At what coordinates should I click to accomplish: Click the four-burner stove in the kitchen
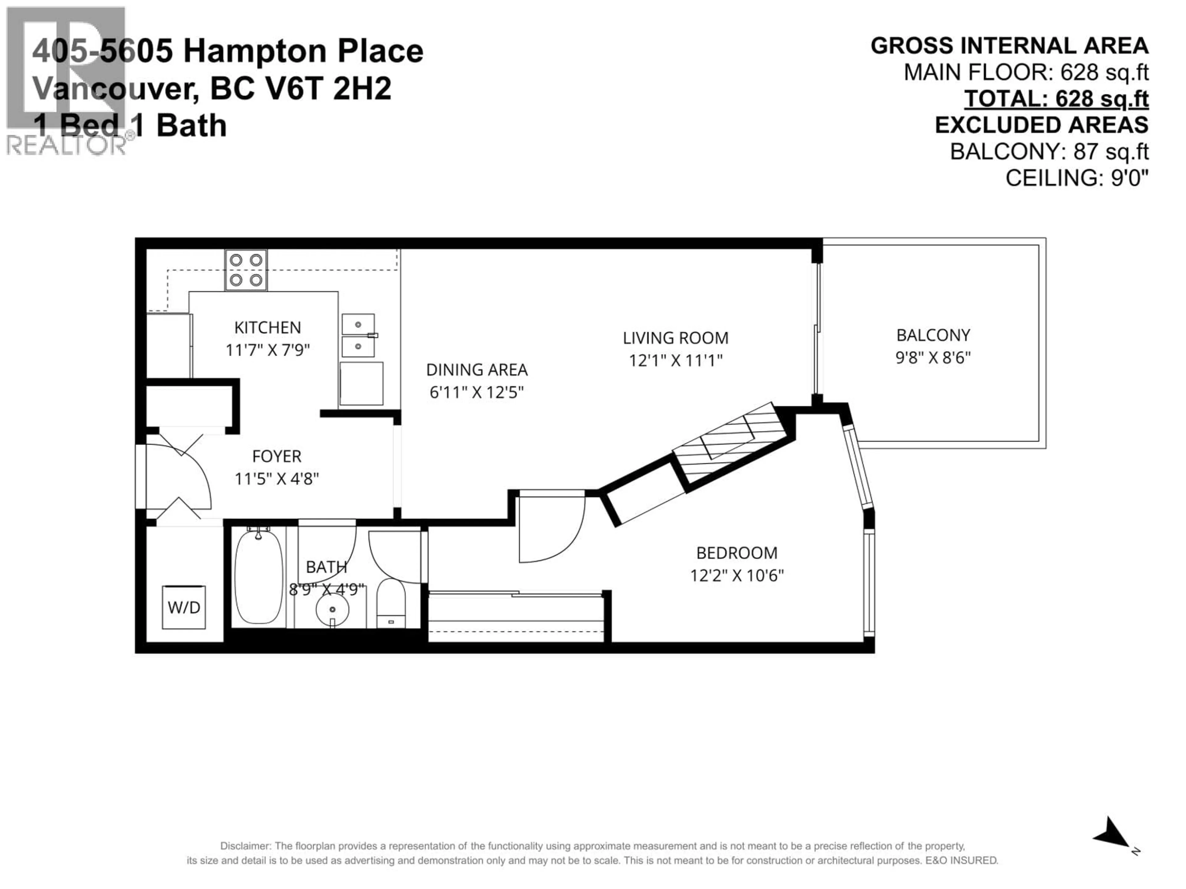point(246,270)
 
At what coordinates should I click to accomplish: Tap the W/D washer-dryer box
point(184,607)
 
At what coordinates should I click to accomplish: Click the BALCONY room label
point(933,335)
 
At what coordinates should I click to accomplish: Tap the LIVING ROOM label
point(675,338)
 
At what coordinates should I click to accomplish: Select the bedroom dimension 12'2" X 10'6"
point(736,575)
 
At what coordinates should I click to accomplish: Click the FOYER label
point(277,456)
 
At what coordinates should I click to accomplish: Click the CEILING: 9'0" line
point(1077,178)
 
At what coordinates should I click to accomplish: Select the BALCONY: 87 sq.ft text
point(1049,152)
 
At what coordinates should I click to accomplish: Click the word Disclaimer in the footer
point(245,846)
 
